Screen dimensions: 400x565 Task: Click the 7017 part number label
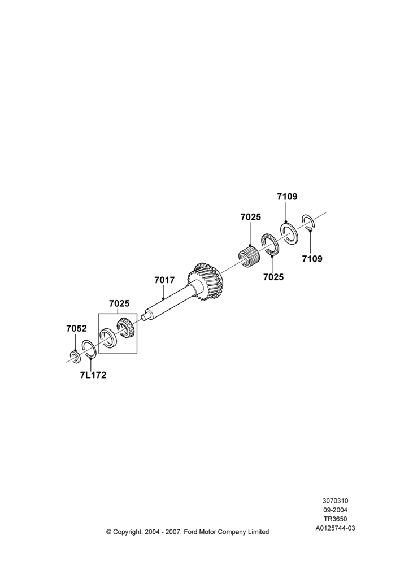click(x=164, y=280)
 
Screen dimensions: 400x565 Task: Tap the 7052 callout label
click(x=76, y=328)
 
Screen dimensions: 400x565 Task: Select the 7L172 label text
click(x=93, y=375)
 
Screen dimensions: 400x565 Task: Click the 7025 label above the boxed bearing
click(x=119, y=303)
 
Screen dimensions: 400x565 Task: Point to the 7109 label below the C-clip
click(x=312, y=259)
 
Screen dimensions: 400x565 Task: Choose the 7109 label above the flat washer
click(x=287, y=197)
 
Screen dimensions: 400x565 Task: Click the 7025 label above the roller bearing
click(x=251, y=218)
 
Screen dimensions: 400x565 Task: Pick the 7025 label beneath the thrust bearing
click(x=273, y=277)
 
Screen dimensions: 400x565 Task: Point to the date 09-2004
click(x=335, y=510)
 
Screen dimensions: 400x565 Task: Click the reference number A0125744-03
click(x=335, y=529)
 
